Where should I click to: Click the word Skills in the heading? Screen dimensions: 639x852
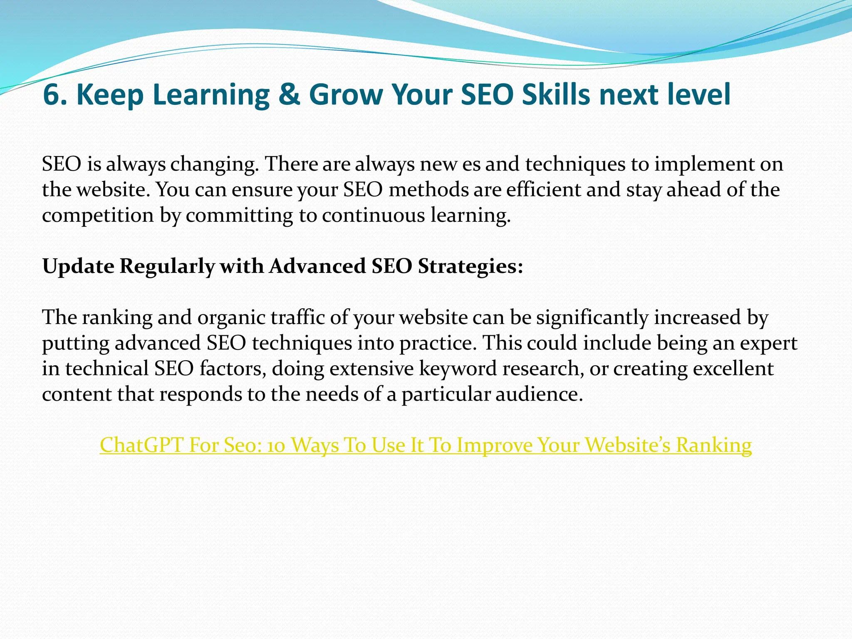pos(556,95)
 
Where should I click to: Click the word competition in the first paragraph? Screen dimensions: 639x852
pos(98,215)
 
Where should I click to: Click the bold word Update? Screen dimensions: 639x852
pos(78,266)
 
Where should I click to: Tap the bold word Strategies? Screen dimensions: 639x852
pos(470,266)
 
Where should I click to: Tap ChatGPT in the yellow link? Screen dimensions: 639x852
pos(141,445)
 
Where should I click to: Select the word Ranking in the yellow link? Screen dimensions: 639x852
pos(714,445)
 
